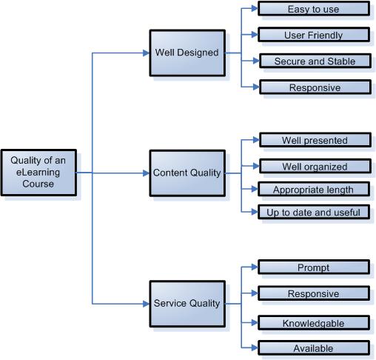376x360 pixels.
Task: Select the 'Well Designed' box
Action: click(186, 53)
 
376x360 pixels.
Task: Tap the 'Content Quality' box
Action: click(186, 173)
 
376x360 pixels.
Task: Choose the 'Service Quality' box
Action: click(186, 303)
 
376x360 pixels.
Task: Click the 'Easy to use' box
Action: click(313, 10)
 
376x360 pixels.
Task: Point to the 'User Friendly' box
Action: click(313, 35)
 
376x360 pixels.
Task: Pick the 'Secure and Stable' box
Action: click(313, 61)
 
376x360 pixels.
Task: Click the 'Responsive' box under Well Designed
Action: click(313, 87)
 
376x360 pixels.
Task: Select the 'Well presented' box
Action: click(313, 140)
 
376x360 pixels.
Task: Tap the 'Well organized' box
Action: click(313, 166)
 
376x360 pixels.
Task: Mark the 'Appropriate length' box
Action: click(313, 190)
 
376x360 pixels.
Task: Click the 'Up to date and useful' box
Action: click(313, 213)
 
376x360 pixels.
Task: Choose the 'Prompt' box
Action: click(313, 267)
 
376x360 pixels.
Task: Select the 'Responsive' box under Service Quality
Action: click(313, 294)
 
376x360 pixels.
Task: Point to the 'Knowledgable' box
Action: click(313, 323)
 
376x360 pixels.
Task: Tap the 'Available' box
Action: click(313, 348)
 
